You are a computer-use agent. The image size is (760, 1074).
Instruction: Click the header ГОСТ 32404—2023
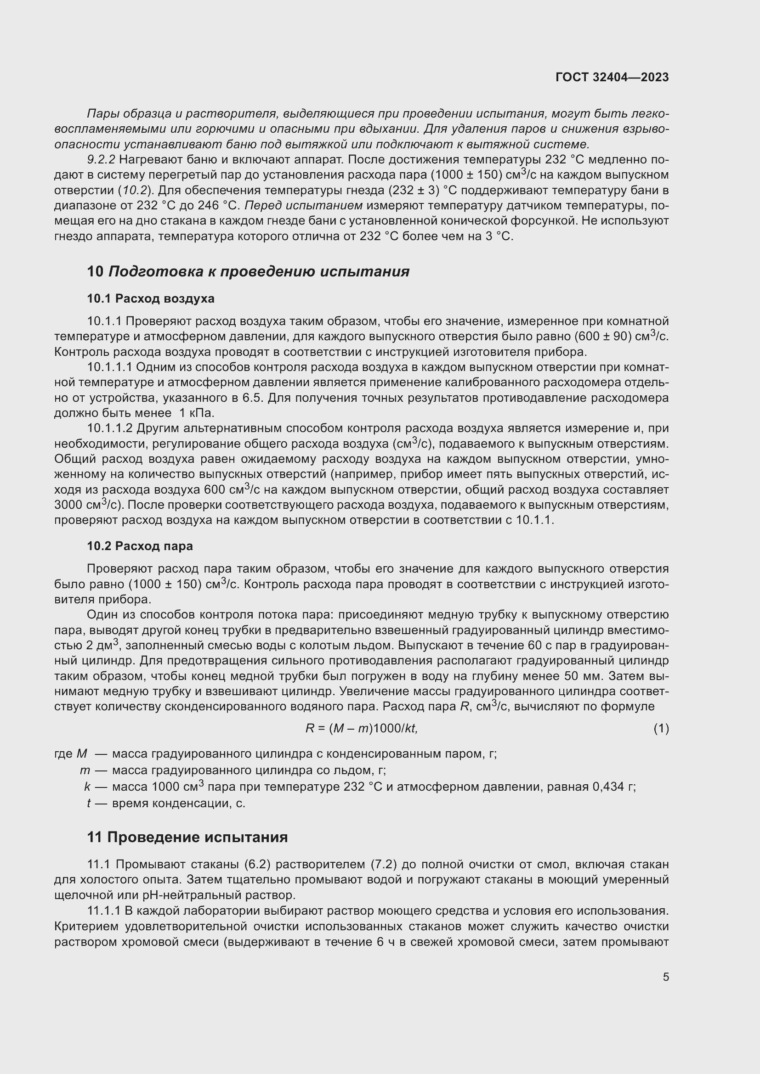coord(612,77)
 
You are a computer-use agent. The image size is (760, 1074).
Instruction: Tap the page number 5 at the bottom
coord(665,977)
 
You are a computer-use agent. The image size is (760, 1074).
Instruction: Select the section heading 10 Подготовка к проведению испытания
coord(248,271)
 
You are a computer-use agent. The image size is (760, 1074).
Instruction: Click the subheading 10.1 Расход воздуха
coord(151,298)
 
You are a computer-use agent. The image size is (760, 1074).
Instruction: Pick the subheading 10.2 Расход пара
coord(140,546)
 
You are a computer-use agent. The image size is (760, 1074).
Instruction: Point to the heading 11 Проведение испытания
coord(187,837)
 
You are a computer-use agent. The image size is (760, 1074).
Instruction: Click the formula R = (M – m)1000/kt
coord(361,728)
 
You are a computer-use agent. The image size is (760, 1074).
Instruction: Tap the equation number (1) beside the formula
coord(661,728)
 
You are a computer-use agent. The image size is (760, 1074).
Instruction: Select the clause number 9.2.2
coord(101,159)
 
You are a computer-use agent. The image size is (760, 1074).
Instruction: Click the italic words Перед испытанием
coord(304,205)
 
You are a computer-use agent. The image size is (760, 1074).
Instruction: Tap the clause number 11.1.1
coord(104,910)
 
